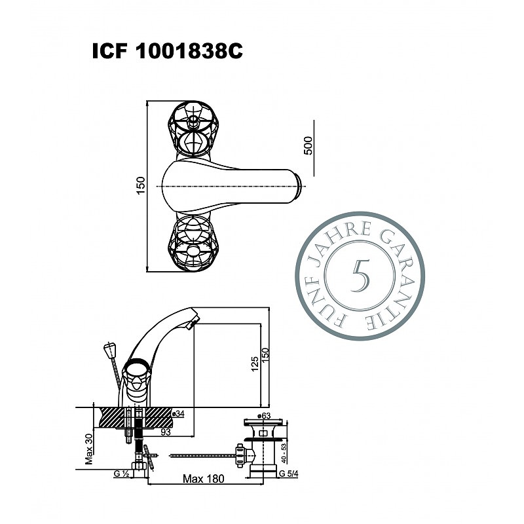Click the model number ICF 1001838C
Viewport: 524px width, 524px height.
pos(168,52)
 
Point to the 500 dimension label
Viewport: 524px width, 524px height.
pos(309,145)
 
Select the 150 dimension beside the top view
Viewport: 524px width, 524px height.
pos(141,185)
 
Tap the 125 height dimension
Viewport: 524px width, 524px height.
pos(255,364)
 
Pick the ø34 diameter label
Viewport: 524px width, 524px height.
pos(178,414)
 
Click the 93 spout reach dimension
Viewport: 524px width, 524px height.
pos(166,432)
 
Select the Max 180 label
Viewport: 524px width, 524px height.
pos(204,479)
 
